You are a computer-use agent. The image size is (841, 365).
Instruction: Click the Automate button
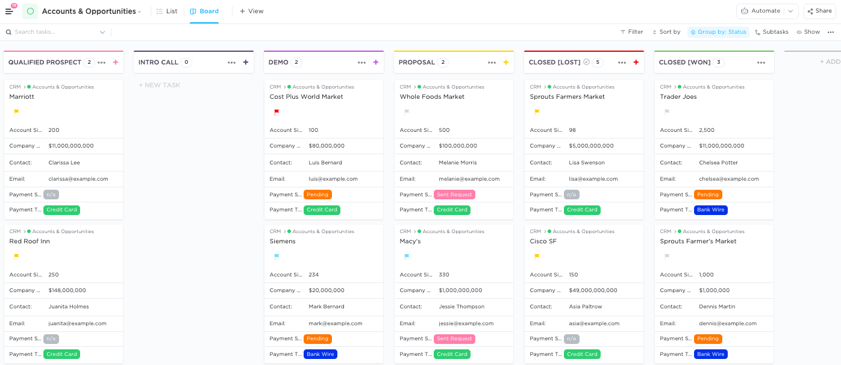point(760,11)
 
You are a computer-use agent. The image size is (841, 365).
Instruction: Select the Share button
point(819,11)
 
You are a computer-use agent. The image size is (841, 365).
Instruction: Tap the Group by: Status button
point(718,32)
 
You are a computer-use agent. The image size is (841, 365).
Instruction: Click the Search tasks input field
point(54,32)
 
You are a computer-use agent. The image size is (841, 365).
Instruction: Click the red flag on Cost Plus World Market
point(277,111)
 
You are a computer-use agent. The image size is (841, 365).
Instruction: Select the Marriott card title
point(22,96)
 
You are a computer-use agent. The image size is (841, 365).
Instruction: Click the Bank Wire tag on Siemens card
point(320,354)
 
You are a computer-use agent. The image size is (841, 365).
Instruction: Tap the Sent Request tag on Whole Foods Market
point(454,195)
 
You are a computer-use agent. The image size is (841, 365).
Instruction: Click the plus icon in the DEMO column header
point(376,62)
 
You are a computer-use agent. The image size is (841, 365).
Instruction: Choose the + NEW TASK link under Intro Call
point(160,85)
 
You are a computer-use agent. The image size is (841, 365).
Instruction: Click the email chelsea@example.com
point(729,179)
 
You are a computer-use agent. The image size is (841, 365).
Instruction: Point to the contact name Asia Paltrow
point(586,307)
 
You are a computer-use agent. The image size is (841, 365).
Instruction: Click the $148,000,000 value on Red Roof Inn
point(67,290)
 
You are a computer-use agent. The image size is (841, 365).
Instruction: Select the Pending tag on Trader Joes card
point(708,195)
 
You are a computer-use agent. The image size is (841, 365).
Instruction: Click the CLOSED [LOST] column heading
point(554,62)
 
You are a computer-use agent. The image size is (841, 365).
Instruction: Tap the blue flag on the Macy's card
point(407,256)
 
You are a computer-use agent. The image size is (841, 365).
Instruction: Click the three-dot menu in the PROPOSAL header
point(492,62)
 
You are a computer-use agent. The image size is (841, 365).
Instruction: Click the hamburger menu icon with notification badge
point(9,11)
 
